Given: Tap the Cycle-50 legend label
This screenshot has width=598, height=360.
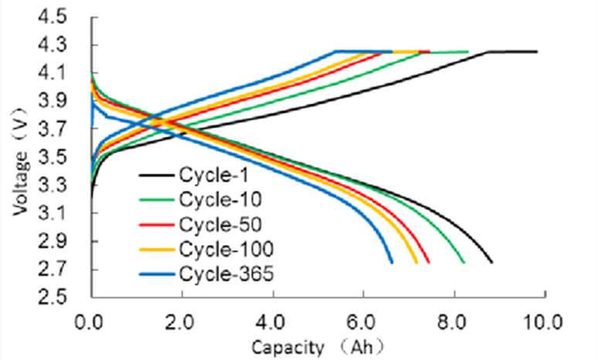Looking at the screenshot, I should point(217,225).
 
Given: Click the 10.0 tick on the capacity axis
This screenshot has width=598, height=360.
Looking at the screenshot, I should point(545,318).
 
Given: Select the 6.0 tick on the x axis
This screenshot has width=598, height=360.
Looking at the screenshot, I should point(364,318).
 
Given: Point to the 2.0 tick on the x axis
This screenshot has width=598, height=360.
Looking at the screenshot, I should point(182,318).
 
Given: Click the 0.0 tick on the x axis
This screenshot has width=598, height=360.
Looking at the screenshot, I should point(92,318).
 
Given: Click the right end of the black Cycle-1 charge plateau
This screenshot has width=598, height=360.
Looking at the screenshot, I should point(536,52).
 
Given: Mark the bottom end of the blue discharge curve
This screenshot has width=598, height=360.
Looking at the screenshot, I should point(392,263).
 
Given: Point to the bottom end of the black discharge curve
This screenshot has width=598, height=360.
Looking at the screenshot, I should point(491,263).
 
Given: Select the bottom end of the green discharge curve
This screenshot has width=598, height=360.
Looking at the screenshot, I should point(464,263).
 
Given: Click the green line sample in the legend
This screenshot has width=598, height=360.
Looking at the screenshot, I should point(157,201).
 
